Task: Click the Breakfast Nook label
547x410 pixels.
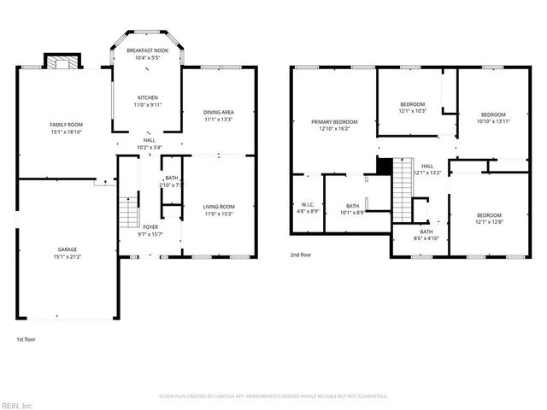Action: (x=147, y=51)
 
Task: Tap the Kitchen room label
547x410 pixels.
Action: (x=147, y=98)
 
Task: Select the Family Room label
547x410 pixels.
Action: (x=65, y=126)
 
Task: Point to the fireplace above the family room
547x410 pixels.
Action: (x=61, y=62)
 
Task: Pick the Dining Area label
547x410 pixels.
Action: (x=219, y=113)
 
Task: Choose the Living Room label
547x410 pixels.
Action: (x=219, y=207)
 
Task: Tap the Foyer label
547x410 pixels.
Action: (x=150, y=227)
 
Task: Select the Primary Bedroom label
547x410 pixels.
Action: (x=334, y=122)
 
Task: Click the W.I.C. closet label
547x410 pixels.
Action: (x=309, y=204)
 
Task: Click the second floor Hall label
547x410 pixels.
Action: (x=427, y=167)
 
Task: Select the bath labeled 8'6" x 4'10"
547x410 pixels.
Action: (x=426, y=232)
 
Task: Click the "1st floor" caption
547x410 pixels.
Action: (x=26, y=339)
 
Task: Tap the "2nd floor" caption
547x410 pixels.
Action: (x=300, y=255)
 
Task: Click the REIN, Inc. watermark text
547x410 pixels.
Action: (x=17, y=405)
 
